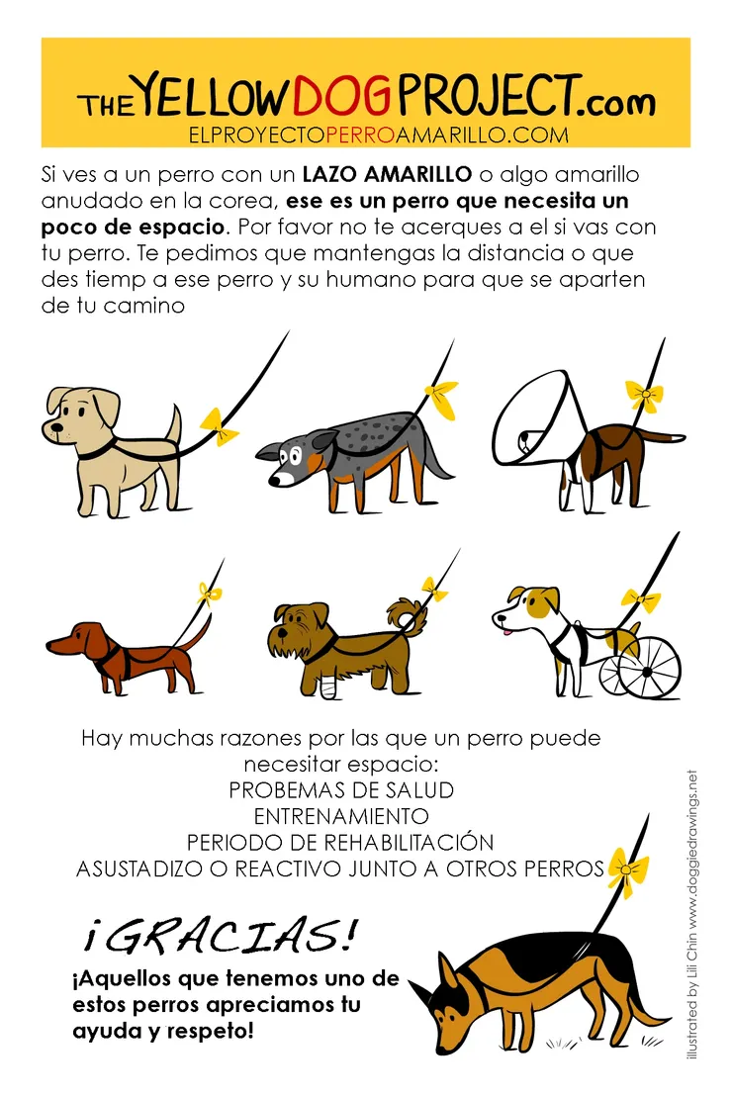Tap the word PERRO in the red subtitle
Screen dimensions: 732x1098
pos(361,136)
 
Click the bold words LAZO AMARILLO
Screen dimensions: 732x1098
pos(388,173)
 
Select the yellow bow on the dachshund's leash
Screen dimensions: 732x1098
pos(209,594)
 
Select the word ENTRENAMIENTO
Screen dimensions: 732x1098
pos(341,816)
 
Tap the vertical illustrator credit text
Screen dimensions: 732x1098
pos(692,914)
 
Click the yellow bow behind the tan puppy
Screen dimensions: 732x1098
pos(220,426)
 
